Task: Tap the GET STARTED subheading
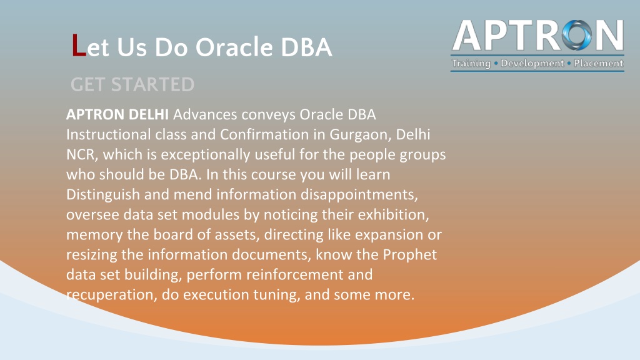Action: (x=132, y=84)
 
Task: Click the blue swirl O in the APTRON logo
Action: (x=577, y=36)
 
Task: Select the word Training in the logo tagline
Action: (x=471, y=64)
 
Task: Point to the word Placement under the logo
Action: (x=598, y=63)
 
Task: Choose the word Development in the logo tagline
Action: (x=532, y=63)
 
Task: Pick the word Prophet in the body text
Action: (x=410, y=255)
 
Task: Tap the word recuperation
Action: (x=109, y=295)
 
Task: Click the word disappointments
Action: (x=359, y=195)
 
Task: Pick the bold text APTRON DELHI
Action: (x=117, y=115)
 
